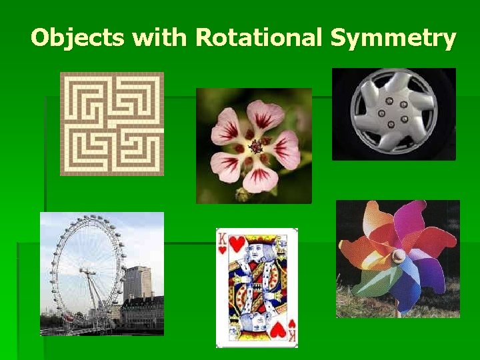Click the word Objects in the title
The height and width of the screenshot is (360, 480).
[77, 38]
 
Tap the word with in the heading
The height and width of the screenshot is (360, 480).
[160, 38]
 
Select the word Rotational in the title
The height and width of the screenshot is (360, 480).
[259, 38]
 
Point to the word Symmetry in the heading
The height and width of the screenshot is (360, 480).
[393, 38]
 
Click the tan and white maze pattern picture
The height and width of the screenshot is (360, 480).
[112, 123]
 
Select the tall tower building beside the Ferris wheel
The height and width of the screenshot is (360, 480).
[138, 283]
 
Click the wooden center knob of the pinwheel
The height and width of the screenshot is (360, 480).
[399, 255]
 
